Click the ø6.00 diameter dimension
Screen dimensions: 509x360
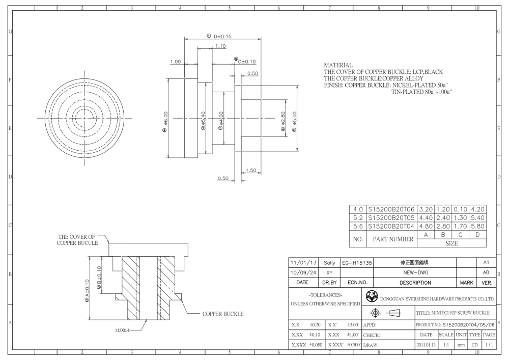point(165,118)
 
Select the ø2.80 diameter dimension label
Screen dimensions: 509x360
point(283,118)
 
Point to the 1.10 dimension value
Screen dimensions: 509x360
point(220,46)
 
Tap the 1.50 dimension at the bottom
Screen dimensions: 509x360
point(251,170)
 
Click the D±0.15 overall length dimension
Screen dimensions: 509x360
point(223,36)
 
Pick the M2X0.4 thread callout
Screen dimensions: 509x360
point(122,330)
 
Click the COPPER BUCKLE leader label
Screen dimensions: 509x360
point(223,314)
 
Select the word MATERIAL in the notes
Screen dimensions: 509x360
point(338,65)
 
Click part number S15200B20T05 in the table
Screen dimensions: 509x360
point(391,218)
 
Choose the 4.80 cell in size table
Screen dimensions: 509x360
point(426,226)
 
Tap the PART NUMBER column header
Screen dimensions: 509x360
point(393,239)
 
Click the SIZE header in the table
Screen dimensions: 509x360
point(451,243)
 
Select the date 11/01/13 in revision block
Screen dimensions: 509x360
point(303,263)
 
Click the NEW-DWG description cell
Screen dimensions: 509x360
point(415,273)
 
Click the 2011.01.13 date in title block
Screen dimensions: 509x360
point(426,345)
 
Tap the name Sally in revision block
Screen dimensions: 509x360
point(329,263)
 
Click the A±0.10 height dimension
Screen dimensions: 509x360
point(87,291)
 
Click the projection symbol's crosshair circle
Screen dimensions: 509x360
point(375,313)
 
